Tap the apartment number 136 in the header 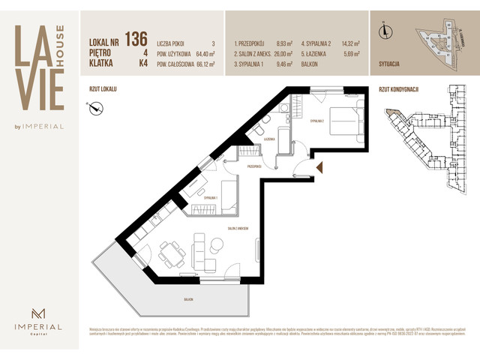pyautogui.click(x=136, y=39)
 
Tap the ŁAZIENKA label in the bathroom pyautogui.click(x=269, y=139)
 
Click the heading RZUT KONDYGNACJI pyautogui.click(x=398, y=89)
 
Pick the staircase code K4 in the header pyautogui.click(x=140, y=64)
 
